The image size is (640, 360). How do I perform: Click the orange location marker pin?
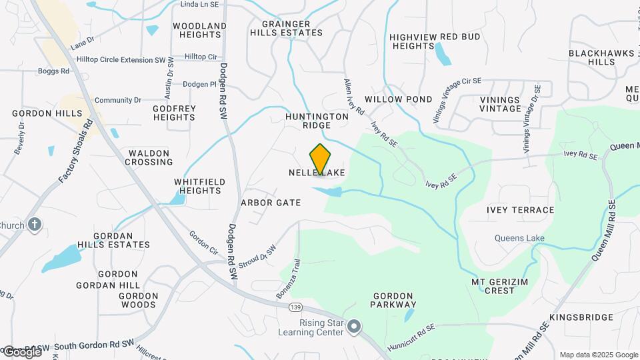321,159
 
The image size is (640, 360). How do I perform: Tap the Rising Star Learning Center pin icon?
355,327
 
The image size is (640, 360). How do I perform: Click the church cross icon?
35,225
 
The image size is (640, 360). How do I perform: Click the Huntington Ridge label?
317,120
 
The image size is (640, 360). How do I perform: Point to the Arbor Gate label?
271,202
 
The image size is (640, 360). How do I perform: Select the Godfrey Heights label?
174,113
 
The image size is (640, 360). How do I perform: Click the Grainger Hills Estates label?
286,27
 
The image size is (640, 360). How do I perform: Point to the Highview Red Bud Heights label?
435,41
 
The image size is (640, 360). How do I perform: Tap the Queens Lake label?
519,238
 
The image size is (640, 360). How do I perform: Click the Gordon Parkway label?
395,300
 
